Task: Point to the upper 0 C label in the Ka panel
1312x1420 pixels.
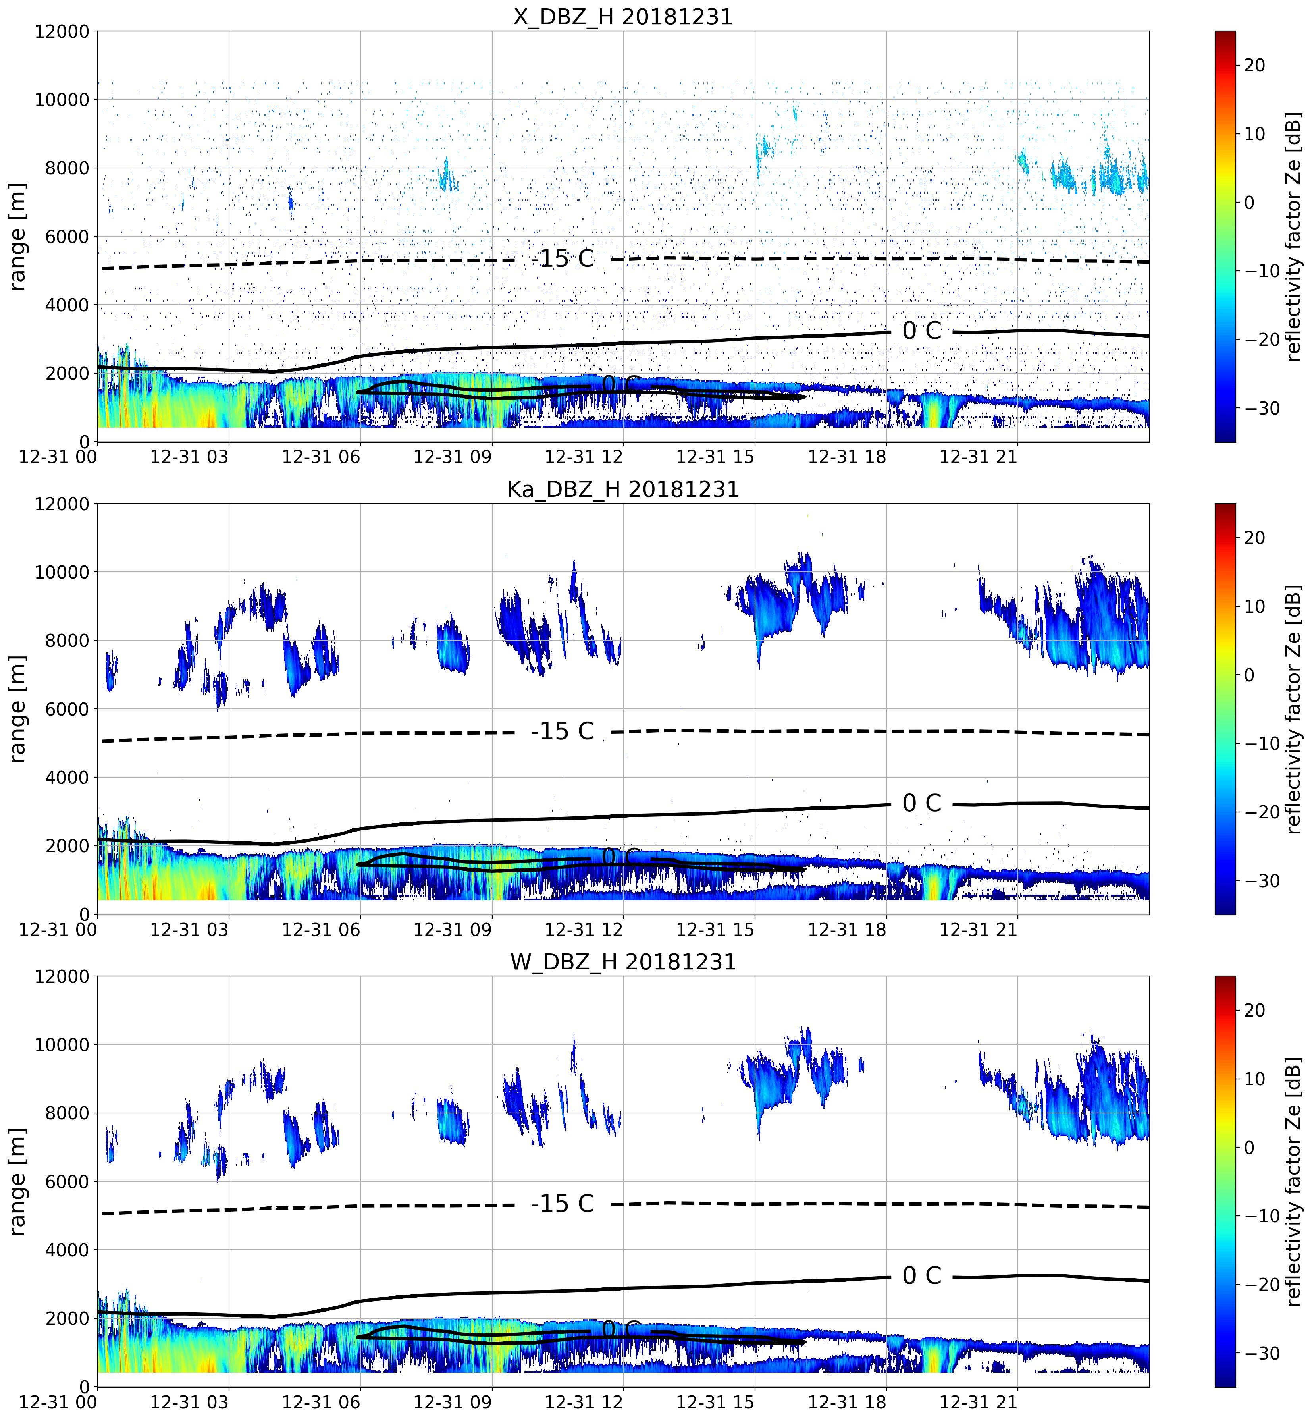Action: (x=921, y=803)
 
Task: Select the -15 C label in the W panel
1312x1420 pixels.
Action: (x=562, y=1204)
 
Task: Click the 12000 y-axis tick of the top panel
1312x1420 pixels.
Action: (x=62, y=32)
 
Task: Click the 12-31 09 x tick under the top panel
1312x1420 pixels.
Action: (x=452, y=457)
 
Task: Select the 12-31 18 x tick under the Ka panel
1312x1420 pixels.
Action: (x=847, y=929)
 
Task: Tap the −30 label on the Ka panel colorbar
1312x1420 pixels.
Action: (x=1260, y=881)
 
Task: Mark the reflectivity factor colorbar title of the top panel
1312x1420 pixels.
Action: (x=1294, y=236)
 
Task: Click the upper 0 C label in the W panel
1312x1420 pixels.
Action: (x=921, y=1276)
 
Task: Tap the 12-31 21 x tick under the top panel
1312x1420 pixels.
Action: (x=978, y=457)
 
